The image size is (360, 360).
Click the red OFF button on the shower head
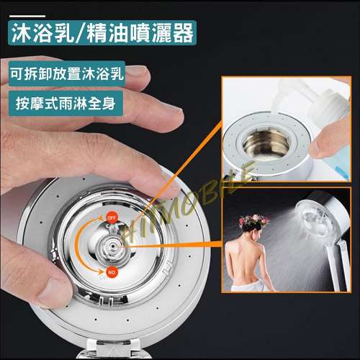pyautogui.click(x=112, y=218)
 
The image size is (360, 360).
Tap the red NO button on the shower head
pyautogui.click(x=112, y=272)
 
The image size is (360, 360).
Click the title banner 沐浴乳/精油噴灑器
pyautogui.click(x=102, y=33)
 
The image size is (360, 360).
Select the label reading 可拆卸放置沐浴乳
pyautogui.click(x=67, y=73)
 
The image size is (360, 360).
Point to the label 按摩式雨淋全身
pyautogui.click(x=66, y=104)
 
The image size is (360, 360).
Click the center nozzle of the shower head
pyautogui.click(x=112, y=246)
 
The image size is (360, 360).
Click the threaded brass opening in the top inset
pyautogui.click(x=266, y=142)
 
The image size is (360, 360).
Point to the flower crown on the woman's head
pyautogui.click(x=253, y=221)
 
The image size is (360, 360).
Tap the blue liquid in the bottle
pyautogui.click(x=341, y=163)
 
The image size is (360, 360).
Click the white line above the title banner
pyautogui.click(x=27, y=16)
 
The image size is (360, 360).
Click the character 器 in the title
pyautogui.click(x=183, y=33)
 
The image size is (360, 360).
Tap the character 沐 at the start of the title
pyautogui.click(x=22, y=33)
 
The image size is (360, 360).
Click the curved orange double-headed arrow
pyautogui.click(x=77, y=245)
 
